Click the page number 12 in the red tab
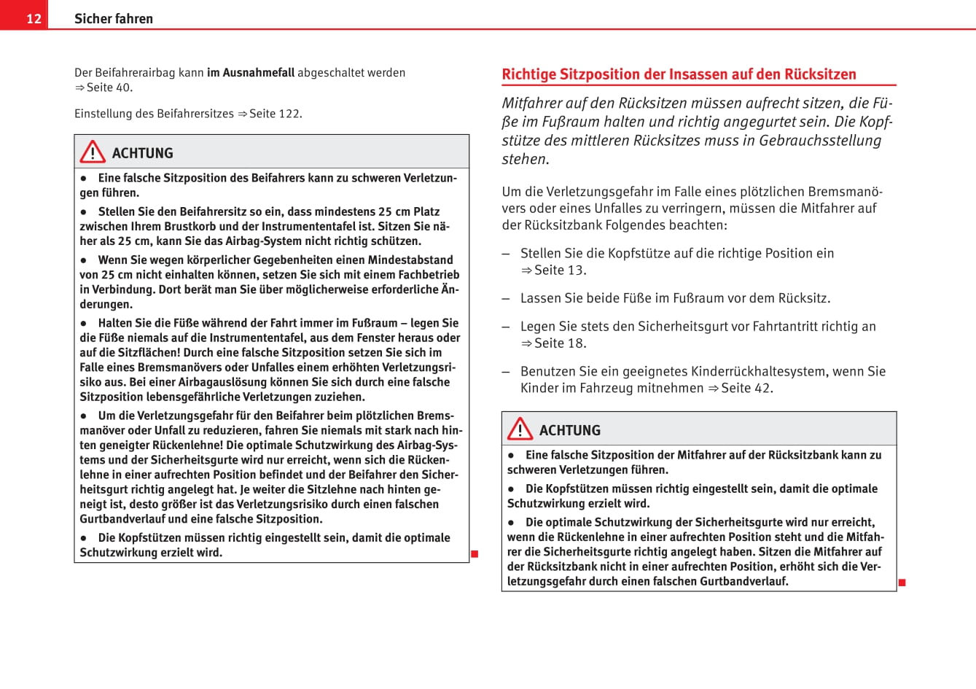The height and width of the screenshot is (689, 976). click(34, 18)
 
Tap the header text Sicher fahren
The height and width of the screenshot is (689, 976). click(114, 18)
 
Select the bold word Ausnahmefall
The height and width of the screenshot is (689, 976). click(251, 72)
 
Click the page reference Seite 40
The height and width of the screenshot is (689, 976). click(109, 87)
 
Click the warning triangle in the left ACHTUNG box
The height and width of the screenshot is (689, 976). click(93, 152)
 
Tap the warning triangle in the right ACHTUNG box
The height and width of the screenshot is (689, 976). click(520, 429)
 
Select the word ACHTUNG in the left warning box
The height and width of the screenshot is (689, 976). click(143, 153)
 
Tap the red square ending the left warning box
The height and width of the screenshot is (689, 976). click(475, 554)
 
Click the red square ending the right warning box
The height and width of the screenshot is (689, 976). click(902, 583)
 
